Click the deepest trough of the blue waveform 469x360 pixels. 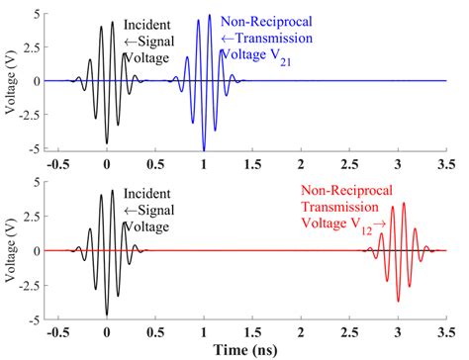coord(204,148)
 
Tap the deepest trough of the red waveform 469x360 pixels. coord(398,300)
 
